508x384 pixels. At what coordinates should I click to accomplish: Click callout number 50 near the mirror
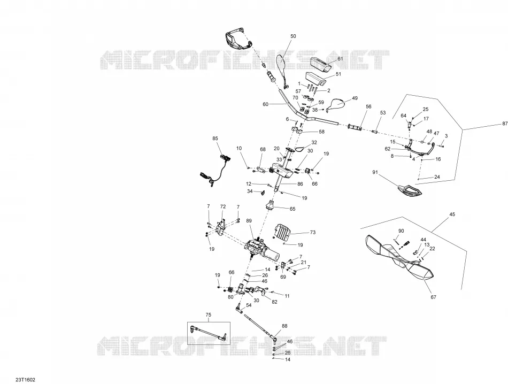(x=293, y=36)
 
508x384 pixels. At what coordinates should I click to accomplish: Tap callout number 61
(x=340, y=59)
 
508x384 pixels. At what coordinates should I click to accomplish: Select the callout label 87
(x=505, y=124)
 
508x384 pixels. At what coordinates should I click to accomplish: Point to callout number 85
(x=215, y=139)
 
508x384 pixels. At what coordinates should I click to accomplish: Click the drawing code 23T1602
(x=25, y=380)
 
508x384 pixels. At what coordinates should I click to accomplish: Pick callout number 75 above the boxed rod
(x=209, y=314)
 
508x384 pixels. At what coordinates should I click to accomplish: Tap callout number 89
(x=249, y=221)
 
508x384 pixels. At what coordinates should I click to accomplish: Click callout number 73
(x=313, y=232)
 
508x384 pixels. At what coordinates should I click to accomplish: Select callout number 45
(x=452, y=214)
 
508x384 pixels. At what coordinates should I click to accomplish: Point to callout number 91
(x=375, y=172)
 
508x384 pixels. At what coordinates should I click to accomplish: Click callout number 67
(x=434, y=297)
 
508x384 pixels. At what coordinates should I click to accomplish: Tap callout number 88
(x=284, y=326)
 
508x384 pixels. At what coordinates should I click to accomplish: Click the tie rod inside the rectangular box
(x=208, y=333)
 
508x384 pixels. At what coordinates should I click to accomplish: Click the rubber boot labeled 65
(x=270, y=205)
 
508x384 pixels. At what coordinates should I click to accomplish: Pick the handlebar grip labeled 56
(x=355, y=127)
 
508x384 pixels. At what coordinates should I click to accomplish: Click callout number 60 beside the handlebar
(x=266, y=104)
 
